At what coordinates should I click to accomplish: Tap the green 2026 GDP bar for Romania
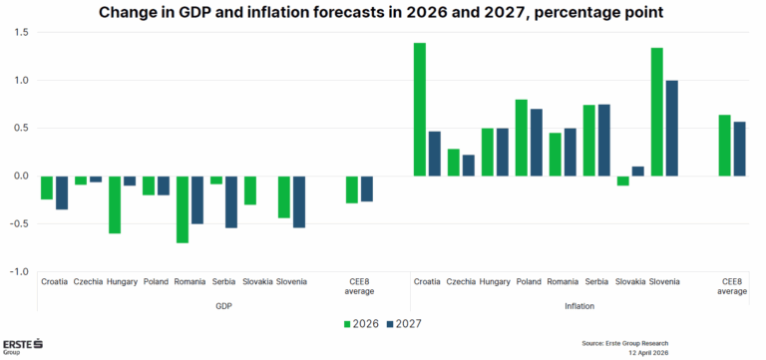pos(182,209)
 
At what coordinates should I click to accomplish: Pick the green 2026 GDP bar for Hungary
pos(115,204)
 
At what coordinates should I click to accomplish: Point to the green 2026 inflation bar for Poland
pos(522,138)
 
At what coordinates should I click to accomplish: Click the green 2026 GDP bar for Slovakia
pos(250,189)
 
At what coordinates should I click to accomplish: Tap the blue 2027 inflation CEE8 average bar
pos(738,149)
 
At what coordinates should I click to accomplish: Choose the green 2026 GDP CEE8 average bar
pos(352,189)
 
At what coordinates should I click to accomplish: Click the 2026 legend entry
pos(363,323)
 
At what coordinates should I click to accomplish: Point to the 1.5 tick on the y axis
pos(21,33)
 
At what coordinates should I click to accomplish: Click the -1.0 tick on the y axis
pos(19,271)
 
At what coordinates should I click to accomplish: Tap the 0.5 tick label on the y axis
pos(21,128)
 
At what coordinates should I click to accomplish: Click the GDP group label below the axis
pos(224,306)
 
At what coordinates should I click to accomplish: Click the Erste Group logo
pos(22,345)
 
